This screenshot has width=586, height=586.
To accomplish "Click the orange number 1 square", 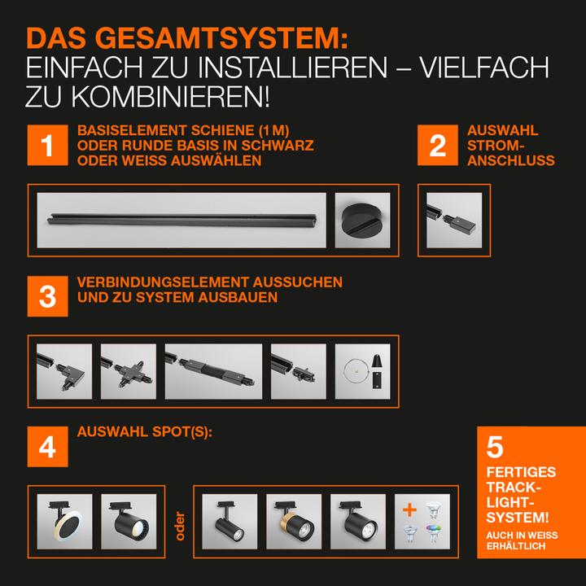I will [x=48, y=146].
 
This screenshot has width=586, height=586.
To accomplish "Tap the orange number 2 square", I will [x=438, y=146].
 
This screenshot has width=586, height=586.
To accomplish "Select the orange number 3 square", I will [x=48, y=295].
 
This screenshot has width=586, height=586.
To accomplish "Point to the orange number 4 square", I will [x=48, y=446].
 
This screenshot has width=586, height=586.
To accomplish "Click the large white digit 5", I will [x=495, y=448].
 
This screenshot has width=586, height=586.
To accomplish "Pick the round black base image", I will [x=362, y=220].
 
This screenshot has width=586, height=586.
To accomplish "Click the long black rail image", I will [x=181, y=220].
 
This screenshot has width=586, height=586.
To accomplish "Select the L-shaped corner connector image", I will [x=64, y=371].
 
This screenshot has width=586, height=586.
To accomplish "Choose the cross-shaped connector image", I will [x=128, y=371].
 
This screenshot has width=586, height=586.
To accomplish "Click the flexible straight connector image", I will [x=213, y=371].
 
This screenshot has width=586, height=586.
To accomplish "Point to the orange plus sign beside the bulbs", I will [x=410, y=511].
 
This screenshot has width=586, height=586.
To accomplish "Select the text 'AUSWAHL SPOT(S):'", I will [x=145, y=431].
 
